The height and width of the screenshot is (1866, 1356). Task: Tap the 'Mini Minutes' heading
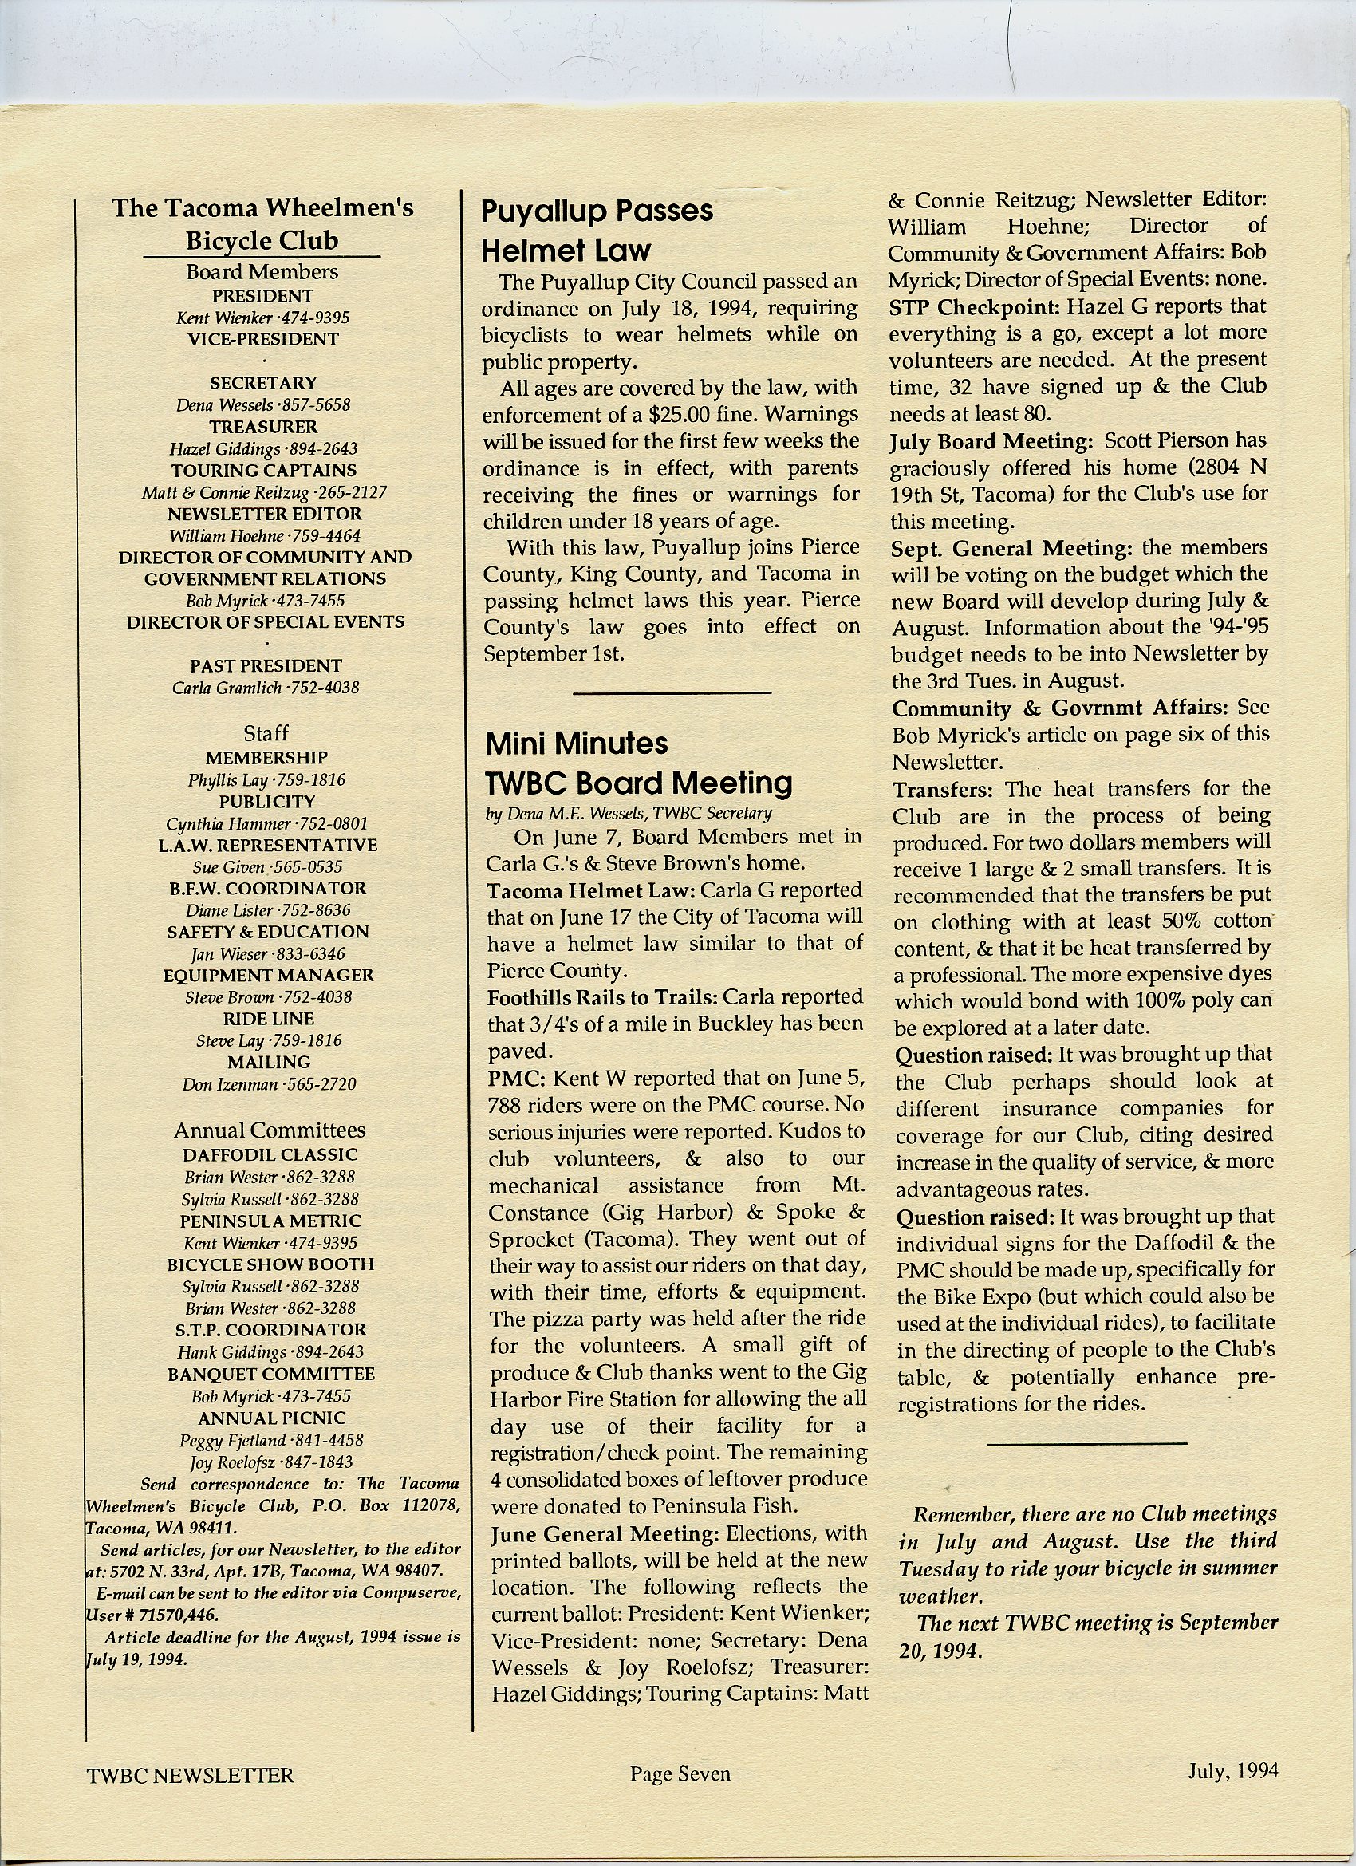click(576, 744)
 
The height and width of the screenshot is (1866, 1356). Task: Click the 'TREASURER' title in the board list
click(262, 427)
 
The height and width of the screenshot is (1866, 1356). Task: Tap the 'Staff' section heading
click(266, 733)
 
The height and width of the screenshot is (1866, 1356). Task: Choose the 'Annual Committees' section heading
click(269, 1130)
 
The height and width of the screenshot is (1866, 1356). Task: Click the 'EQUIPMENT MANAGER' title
click(268, 976)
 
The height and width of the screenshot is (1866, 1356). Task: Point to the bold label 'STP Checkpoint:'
click(975, 307)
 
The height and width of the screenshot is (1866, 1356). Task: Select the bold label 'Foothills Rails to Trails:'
click(602, 998)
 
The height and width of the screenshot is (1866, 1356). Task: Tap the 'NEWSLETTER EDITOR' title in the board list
click(264, 515)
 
